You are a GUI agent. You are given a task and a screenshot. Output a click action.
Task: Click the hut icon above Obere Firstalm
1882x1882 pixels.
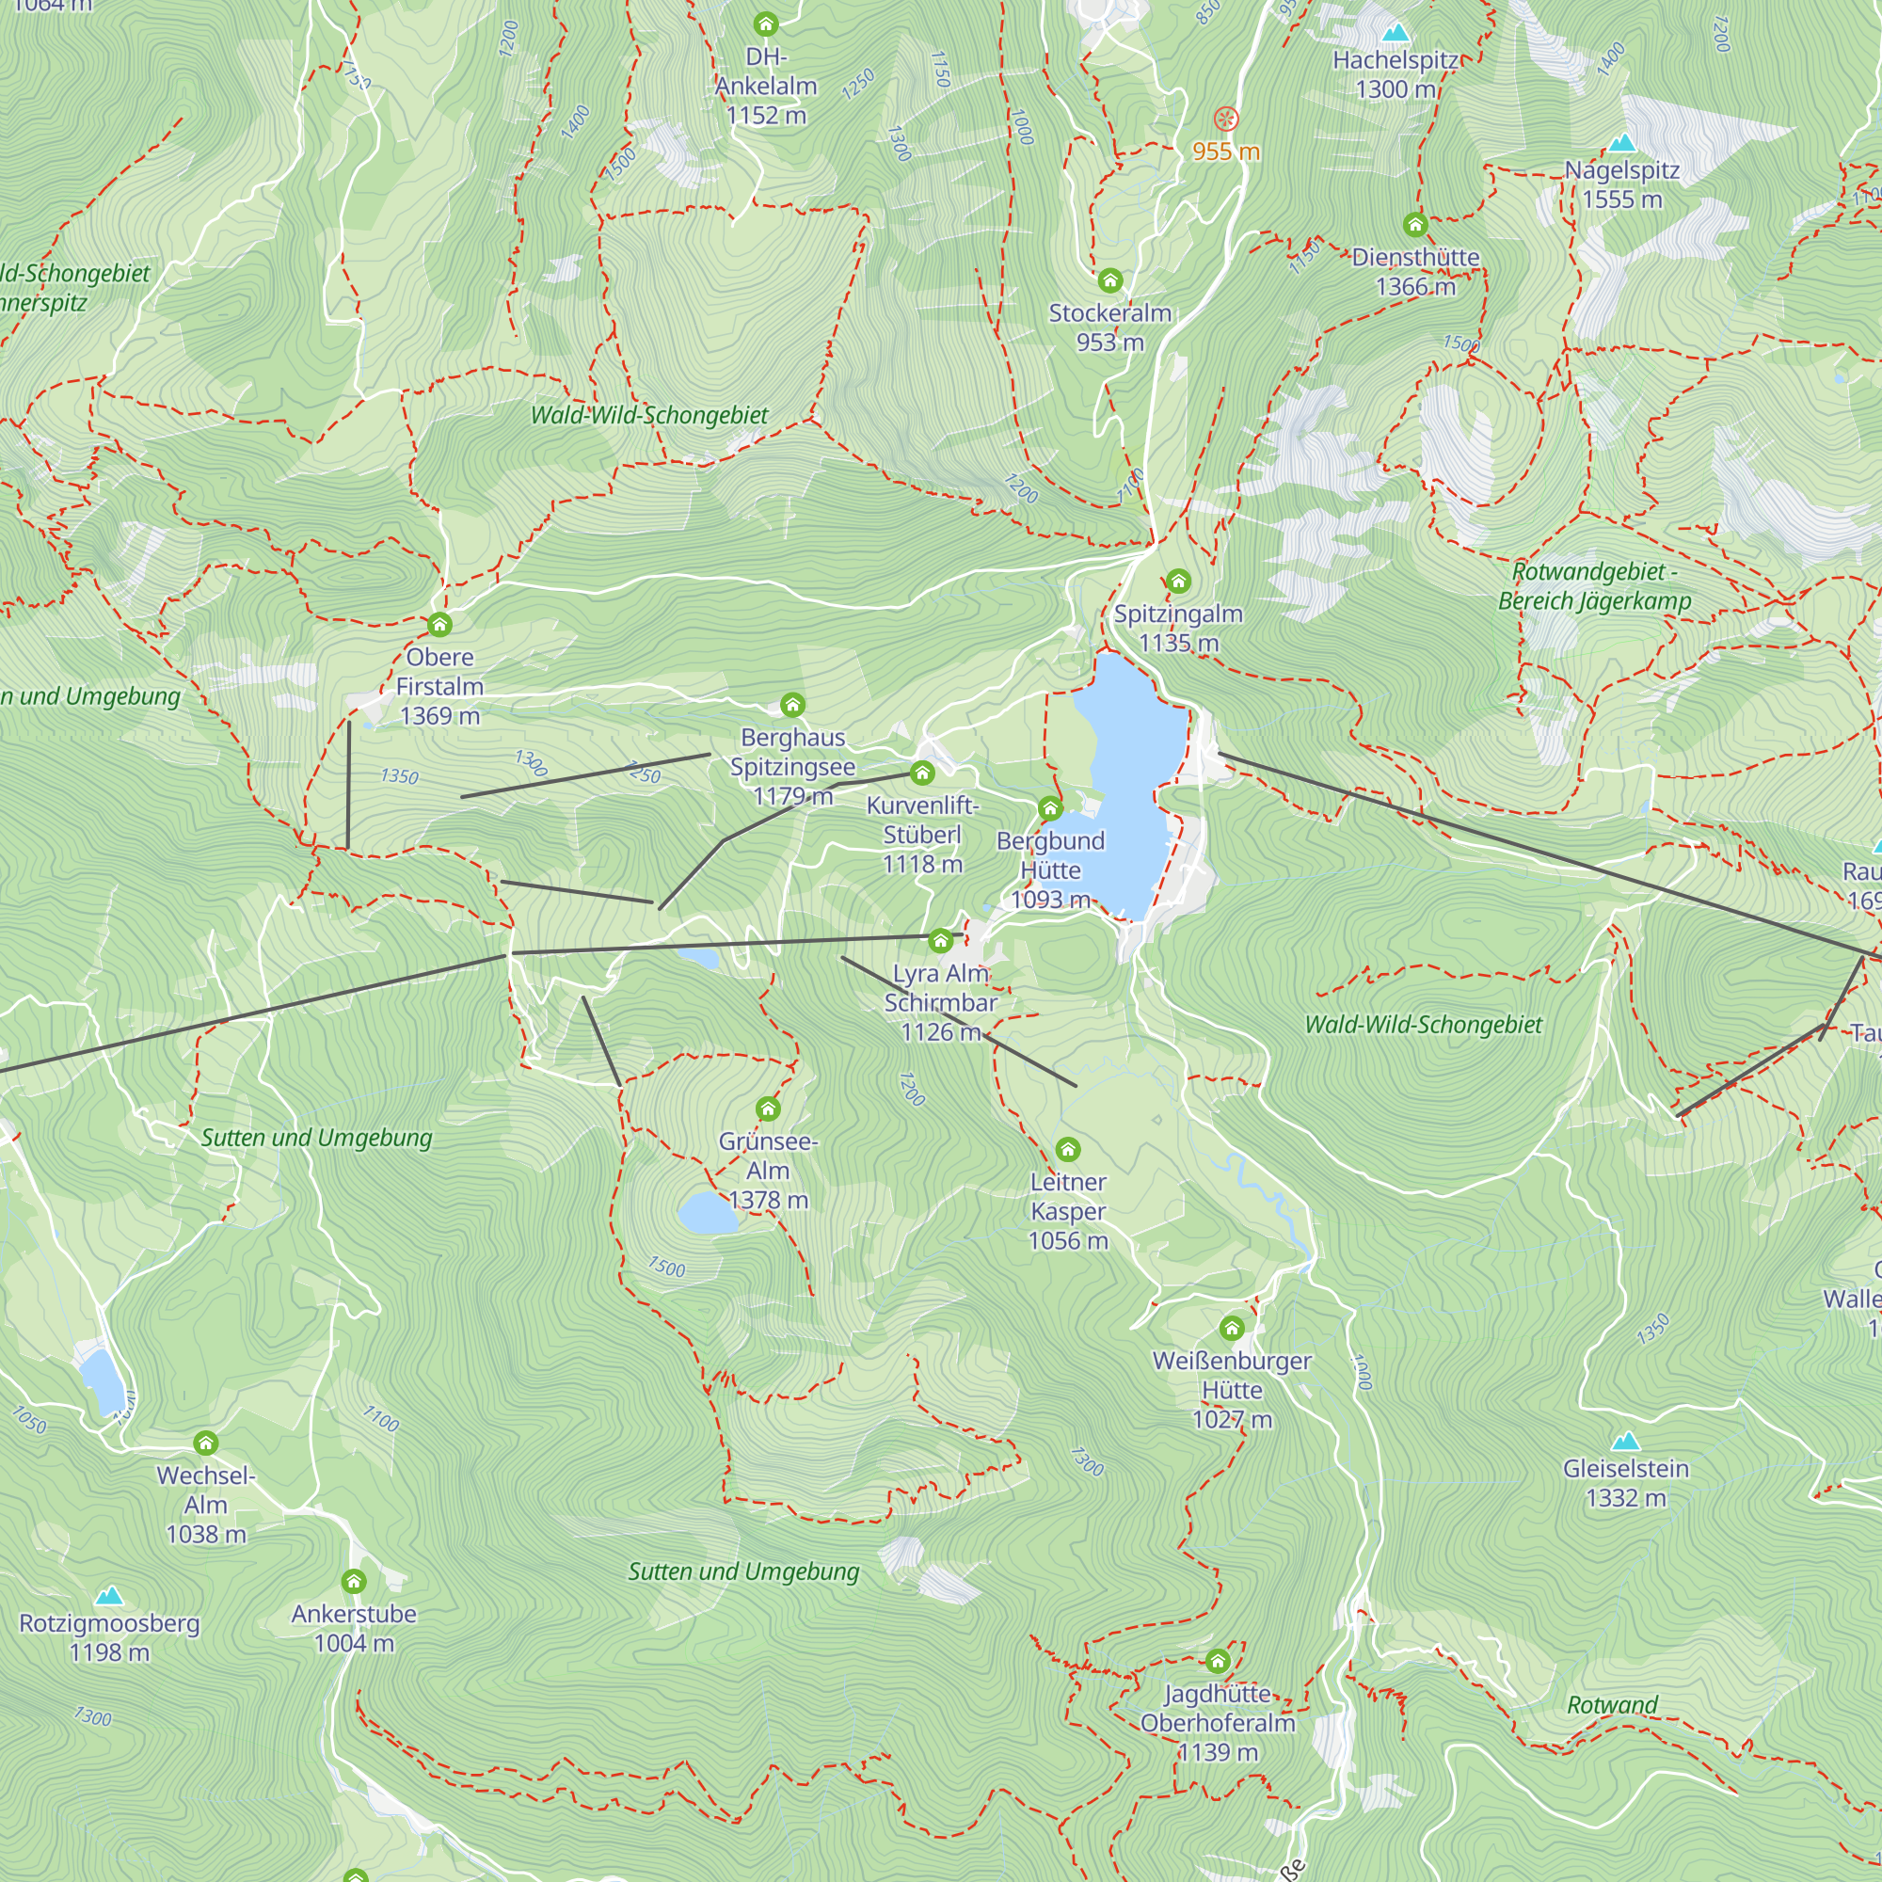click(x=439, y=625)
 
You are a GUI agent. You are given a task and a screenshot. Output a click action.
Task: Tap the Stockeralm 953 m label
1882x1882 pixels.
click(x=1109, y=327)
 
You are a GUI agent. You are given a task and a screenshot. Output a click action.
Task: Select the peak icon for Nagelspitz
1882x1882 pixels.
click(x=1622, y=144)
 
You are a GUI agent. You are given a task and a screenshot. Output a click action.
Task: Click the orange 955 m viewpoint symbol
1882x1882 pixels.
click(x=1226, y=120)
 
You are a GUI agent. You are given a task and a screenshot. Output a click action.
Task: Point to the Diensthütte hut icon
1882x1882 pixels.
click(x=1415, y=225)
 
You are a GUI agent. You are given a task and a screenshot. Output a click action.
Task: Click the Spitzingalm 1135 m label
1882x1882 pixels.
click(x=1178, y=629)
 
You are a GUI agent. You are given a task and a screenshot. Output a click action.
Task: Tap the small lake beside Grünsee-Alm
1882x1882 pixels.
click(x=709, y=1214)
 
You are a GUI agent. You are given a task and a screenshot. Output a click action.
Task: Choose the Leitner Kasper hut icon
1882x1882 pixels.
click(x=1068, y=1151)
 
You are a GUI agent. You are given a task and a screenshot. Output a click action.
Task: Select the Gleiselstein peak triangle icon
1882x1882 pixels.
click(x=1625, y=1442)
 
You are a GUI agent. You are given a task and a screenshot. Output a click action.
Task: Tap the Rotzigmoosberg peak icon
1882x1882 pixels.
click(x=109, y=1596)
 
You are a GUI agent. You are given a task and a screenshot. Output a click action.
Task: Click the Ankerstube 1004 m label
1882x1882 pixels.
click(x=354, y=1629)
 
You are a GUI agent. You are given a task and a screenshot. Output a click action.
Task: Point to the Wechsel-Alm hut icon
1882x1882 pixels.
click(x=205, y=1443)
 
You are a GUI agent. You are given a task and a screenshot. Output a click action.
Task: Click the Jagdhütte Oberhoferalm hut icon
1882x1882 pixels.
click(x=1218, y=1661)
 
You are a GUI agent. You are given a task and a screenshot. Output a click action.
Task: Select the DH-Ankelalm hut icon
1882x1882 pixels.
click(x=766, y=24)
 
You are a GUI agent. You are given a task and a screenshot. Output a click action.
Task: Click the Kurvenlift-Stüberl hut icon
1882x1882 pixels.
click(x=921, y=774)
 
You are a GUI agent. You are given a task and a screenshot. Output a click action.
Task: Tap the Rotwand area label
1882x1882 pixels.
click(x=1612, y=1705)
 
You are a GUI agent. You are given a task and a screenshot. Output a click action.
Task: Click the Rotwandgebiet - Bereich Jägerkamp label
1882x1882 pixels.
click(x=1595, y=586)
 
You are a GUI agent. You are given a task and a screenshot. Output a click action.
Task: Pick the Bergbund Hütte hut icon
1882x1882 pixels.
click(x=1049, y=807)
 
